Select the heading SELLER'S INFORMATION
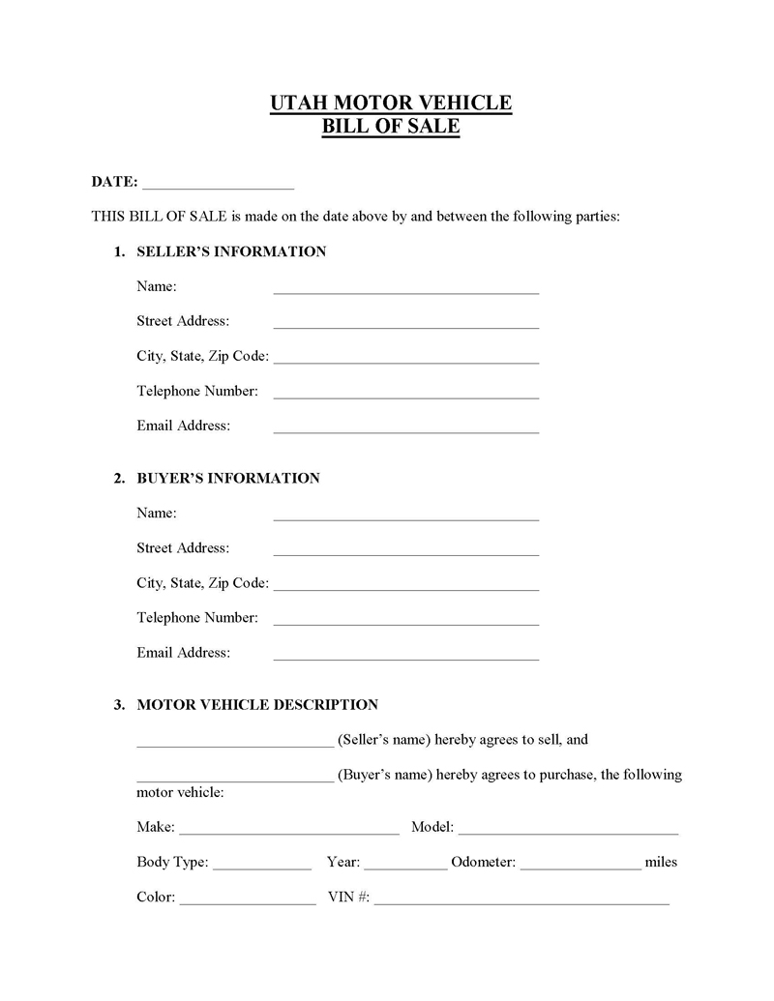tap(231, 251)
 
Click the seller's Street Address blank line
tap(405, 324)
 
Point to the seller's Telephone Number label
tap(197, 391)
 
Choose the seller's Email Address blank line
tap(405, 428)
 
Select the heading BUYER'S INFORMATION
tap(228, 478)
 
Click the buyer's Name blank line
tap(405, 515)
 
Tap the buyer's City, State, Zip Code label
tap(202, 582)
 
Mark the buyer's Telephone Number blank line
tap(405, 620)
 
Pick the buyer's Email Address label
tap(184, 652)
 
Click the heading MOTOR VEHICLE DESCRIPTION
tap(257, 704)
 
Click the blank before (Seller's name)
tap(235, 743)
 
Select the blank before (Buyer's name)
tap(235, 778)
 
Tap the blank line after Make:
tap(289, 830)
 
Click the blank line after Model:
tap(568, 830)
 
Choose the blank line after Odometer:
tap(580, 865)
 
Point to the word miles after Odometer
tap(661, 862)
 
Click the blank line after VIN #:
tap(521, 899)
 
